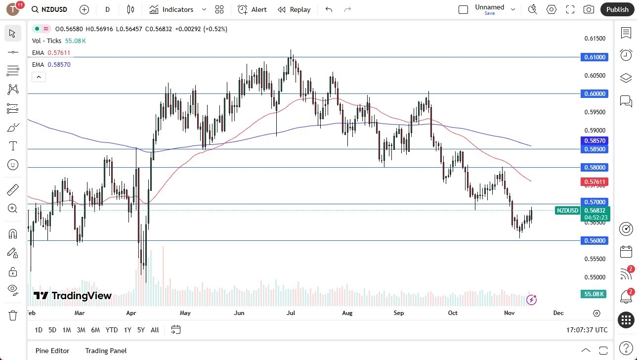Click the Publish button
point(617,9)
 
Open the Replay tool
point(294,9)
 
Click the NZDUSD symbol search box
point(49,9)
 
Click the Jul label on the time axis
point(291,313)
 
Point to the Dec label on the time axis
point(558,313)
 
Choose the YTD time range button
point(112,330)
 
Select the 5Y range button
point(141,330)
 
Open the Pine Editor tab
point(52,351)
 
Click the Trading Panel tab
point(106,351)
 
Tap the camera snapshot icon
point(589,9)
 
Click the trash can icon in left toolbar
point(12,315)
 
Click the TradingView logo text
point(73,296)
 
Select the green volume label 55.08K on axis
point(594,294)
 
